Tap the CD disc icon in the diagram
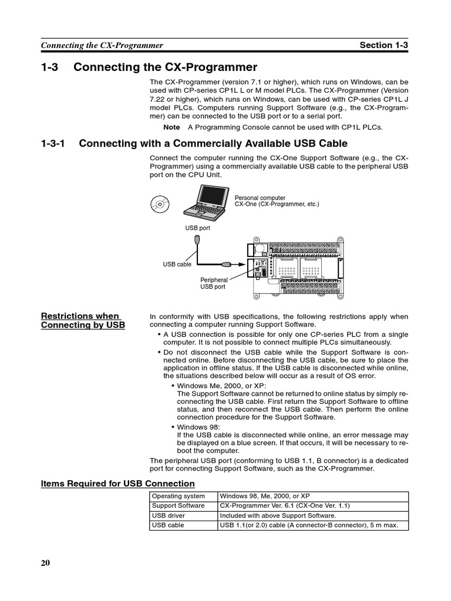pos(159,204)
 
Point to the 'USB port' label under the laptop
pos(198,227)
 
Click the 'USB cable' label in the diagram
pos(177,265)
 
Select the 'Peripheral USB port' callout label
pos(213,283)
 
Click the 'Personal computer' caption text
pos(260,198)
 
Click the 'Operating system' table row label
pos(179,496)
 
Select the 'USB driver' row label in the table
pos(169,515)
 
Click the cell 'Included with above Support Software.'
pos(278,515)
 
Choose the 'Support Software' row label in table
pos(179,505)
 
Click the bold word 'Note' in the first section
pos(171,127)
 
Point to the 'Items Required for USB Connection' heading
pos(117,484)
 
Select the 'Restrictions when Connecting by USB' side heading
pos(82,320)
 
